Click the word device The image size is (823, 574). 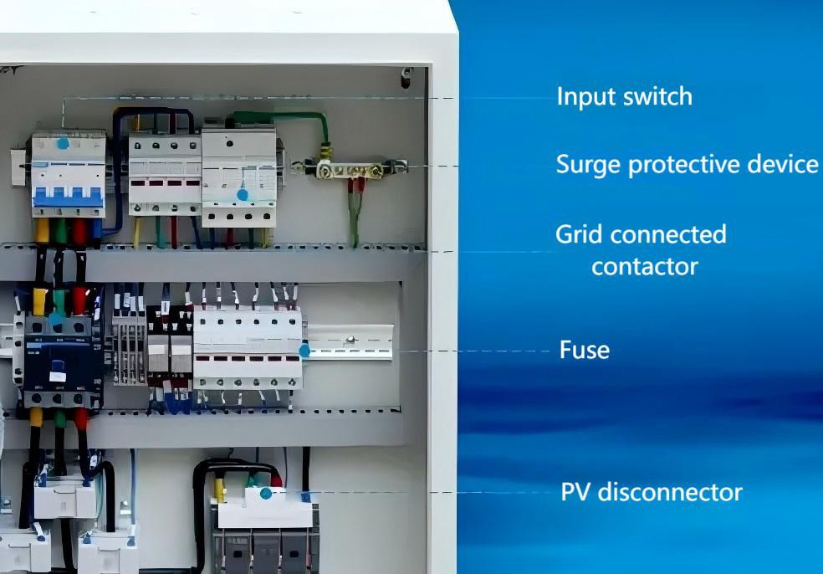[x=783, y=164]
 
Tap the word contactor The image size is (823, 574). [x=644, y=267]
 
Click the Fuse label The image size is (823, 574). [x=584, y=350]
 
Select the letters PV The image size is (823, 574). [x=575, y=491]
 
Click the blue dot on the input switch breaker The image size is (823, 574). [x=63, y=144]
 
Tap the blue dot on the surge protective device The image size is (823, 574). [x=242, y=195]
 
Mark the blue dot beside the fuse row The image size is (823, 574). [x=304, y=351]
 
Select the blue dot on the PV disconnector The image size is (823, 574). [x=266, y=493]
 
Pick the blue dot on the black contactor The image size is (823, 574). [x=55, y=318]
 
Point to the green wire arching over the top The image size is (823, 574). [x=276, y=116]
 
